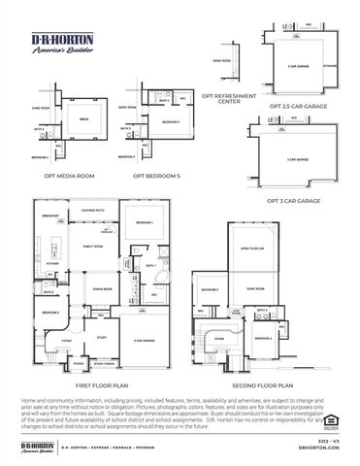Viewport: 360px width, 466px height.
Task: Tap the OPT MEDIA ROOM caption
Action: click(x=68, y=176)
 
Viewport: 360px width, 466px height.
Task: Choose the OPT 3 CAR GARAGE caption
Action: click(x=293, y=200)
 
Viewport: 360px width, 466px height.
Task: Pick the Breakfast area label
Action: click(x=51, y=216)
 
